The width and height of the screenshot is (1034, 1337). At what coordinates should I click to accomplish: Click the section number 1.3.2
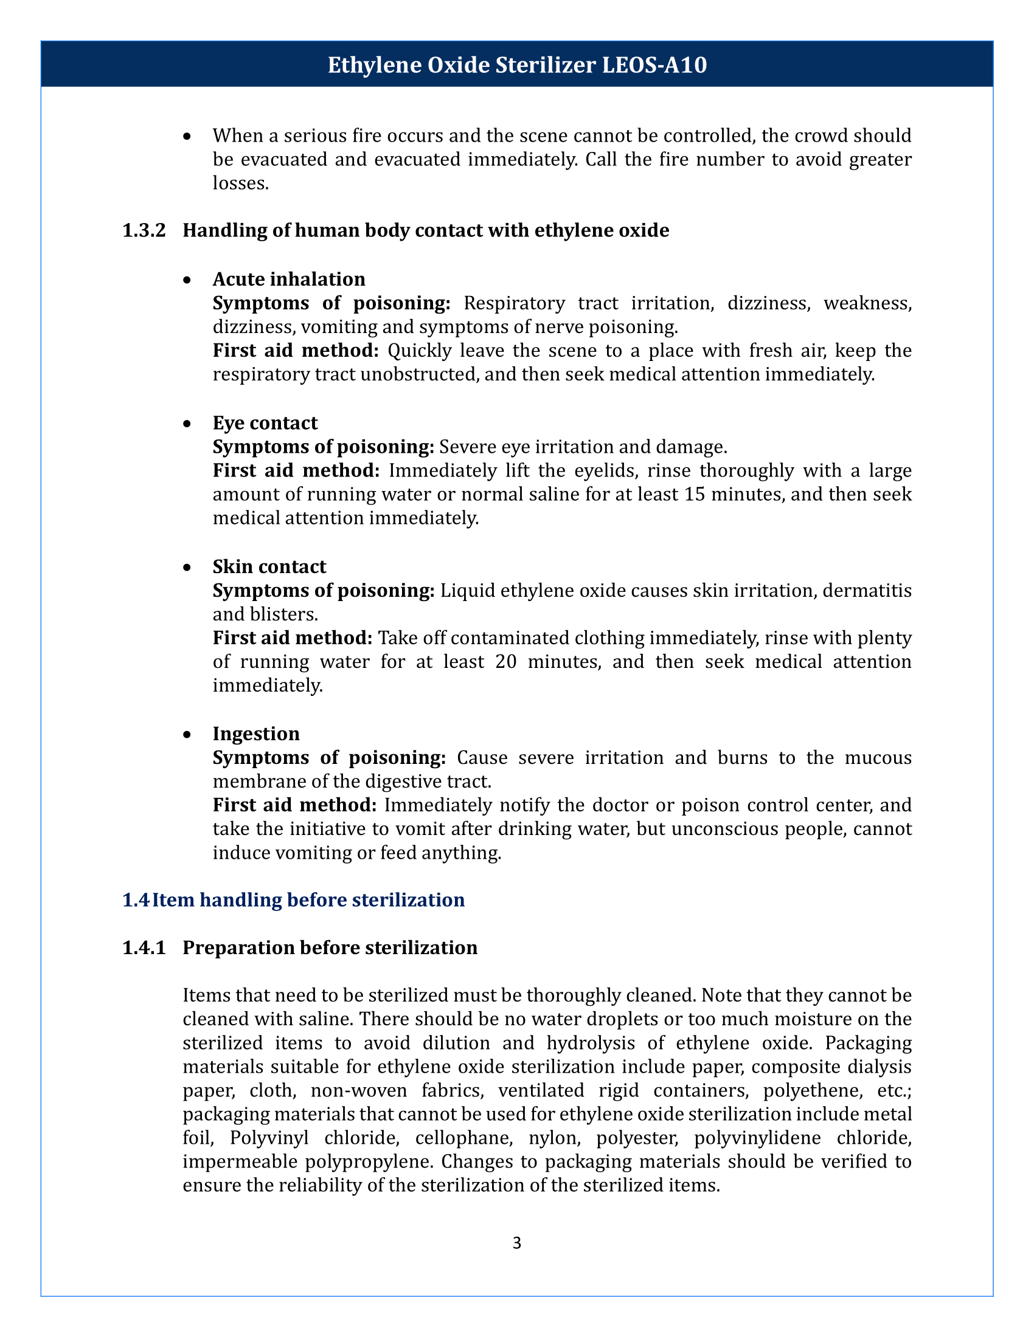point(145,231)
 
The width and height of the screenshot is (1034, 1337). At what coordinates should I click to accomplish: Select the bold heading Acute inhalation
point(288,279)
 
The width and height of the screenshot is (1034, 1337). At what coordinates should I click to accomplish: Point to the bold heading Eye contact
point(265,423)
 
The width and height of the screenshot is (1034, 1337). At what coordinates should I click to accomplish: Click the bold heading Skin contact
point(269,566)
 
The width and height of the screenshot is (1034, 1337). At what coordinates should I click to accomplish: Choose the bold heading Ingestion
point(256,734)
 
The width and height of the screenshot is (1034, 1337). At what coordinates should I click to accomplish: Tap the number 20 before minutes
point(507,662)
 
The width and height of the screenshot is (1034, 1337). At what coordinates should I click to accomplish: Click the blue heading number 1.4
point(136,900)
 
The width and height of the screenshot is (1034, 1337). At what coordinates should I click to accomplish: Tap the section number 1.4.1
point(145,947)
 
